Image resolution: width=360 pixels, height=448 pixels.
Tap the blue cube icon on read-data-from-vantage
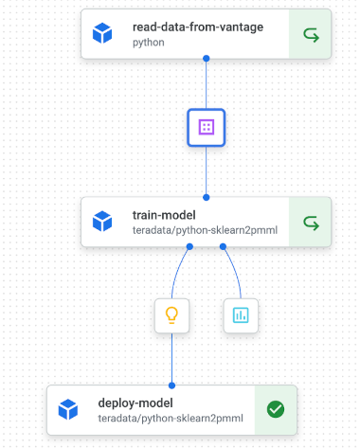pos(102,35)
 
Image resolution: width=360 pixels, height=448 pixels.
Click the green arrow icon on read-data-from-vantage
pos(310,35)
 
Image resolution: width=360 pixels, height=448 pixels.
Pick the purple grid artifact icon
pos(207,127)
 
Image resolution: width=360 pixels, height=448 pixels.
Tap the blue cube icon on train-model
pos(102,223)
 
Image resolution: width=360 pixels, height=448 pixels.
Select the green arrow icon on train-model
pos(310,223)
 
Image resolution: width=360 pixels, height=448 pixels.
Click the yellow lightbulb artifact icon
pos(171,315)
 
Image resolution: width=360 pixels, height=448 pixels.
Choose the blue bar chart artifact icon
pos(241,315)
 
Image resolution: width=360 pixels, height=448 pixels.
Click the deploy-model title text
pos(135,403)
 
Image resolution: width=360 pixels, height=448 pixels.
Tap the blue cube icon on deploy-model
pos(68,410)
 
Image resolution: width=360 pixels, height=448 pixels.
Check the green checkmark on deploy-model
pos(276,410)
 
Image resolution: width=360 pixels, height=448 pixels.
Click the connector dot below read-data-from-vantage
pos(207,59)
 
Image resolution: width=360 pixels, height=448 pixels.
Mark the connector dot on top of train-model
pos(207,197)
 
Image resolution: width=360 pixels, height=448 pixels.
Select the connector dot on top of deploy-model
pos(171,385)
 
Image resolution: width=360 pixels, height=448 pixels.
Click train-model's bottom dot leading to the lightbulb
pos(189,247)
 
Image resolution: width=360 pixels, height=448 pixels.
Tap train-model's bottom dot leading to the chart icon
pos(224,247)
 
